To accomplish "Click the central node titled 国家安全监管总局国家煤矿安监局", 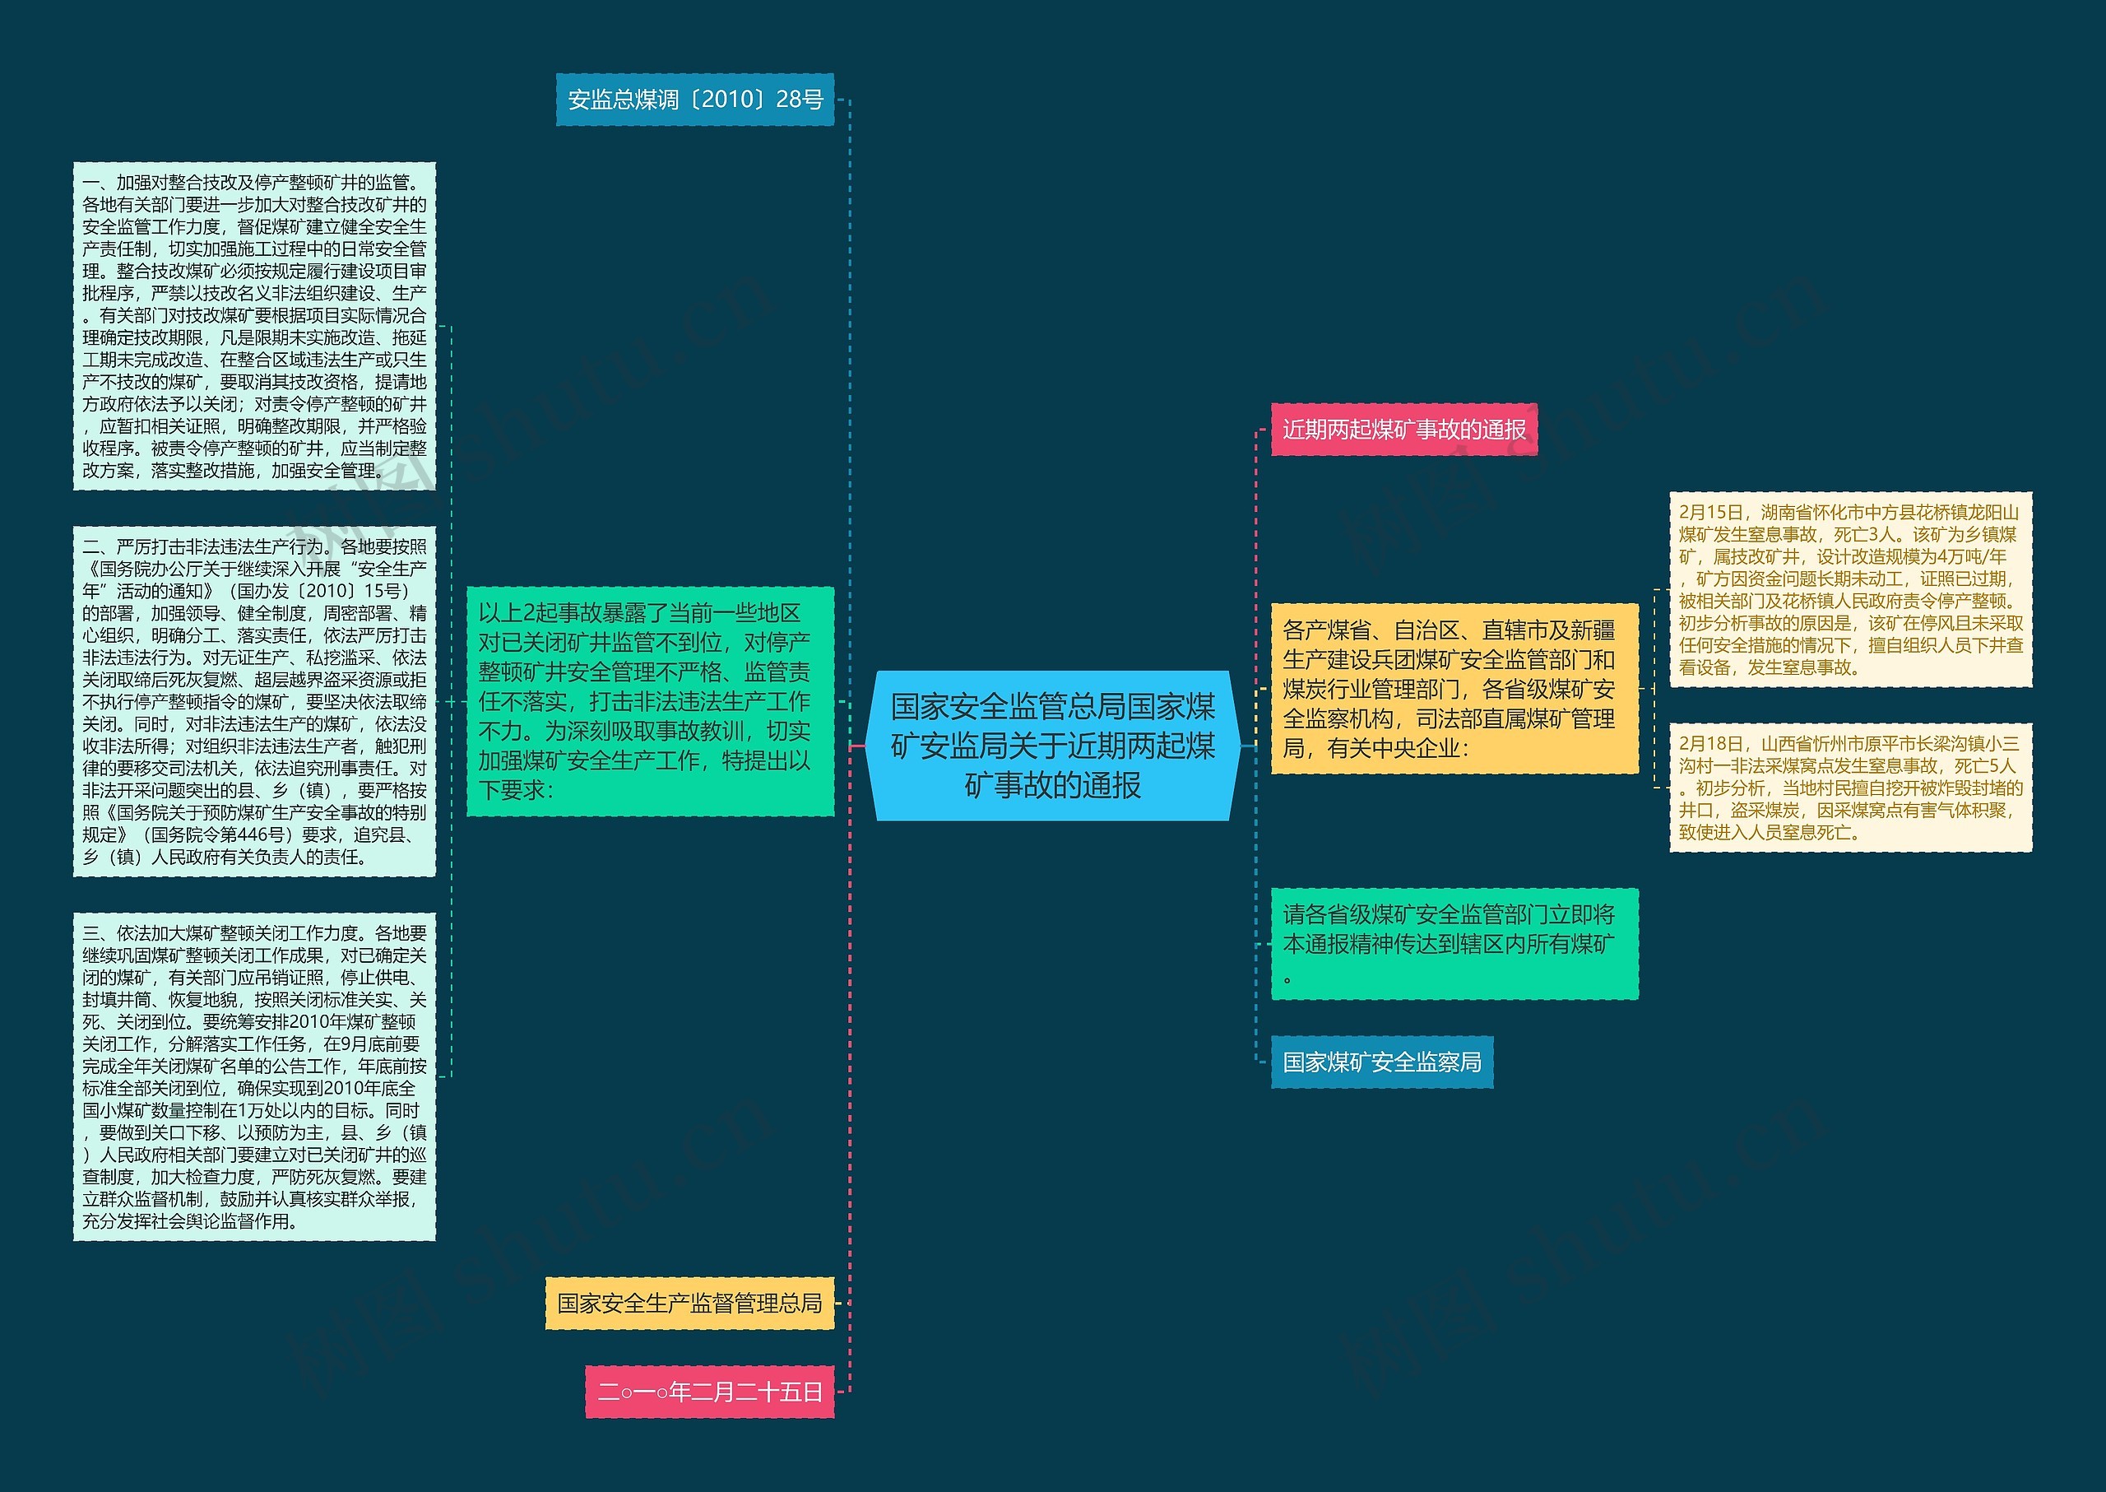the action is tap(1052, 745).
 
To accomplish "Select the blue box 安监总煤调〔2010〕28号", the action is tap(694, 100).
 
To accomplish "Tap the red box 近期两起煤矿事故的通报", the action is tap(1403, 429).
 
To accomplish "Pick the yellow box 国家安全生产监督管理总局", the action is tap(689, 1302).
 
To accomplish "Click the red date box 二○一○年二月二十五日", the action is tap(709, 1391).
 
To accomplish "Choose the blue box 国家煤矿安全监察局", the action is tap(1381, 1062).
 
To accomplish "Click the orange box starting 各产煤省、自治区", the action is tap(1454, 688).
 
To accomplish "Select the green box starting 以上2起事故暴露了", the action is tap(649, 701).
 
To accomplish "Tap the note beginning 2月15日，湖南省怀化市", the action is tap(1850, 589).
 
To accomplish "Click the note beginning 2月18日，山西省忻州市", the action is tap(1850, 788).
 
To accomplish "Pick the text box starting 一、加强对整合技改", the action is tap(254, 326).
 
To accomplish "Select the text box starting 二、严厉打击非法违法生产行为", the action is tap(254, 701).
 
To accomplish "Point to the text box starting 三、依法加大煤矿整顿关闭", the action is tap(254, 1076).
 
